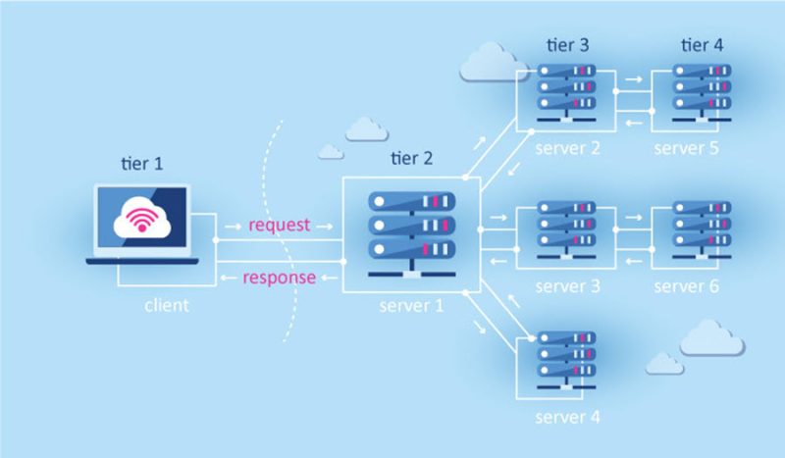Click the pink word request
pos(280,226)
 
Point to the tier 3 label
pos(568,45)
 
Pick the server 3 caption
pos(568,286)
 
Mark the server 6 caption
pos(687,286)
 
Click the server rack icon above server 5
pos(702,91)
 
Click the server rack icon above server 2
pos(568,91)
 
